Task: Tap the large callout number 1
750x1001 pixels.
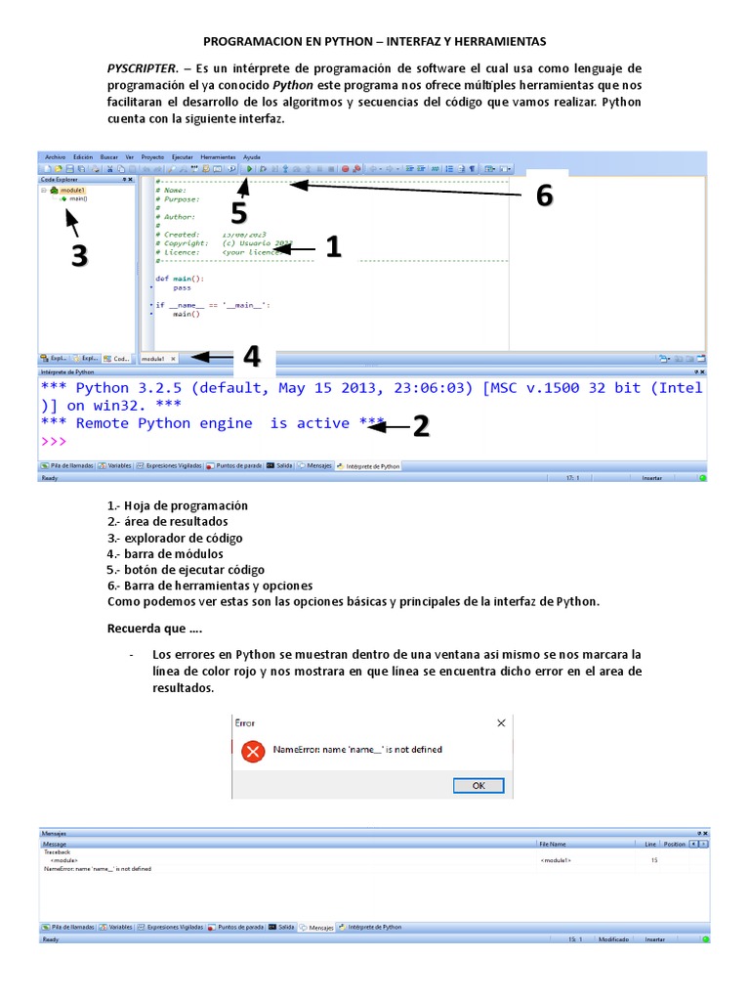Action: (333, 247)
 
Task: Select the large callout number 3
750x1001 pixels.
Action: (79, 255)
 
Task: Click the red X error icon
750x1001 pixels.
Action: (253, 750)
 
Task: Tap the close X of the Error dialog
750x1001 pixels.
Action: (501, 723)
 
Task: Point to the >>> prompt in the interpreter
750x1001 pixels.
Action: (54, 442)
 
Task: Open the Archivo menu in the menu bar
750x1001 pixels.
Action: (55, 156)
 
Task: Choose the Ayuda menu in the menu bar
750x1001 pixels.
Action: (252, 156)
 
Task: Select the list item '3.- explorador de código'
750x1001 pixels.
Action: (175, 538)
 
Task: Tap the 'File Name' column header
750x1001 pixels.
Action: (553, 843)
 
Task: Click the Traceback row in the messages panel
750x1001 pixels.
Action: (58, 851)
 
